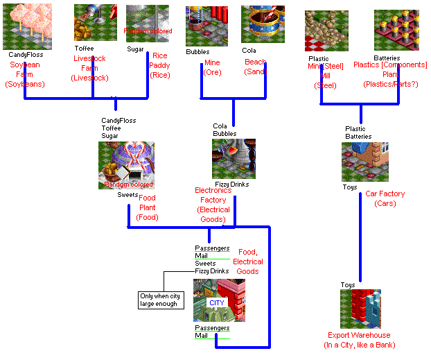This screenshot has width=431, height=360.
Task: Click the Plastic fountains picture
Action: click(326, 31)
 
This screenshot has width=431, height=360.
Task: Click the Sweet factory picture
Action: click(126, 166)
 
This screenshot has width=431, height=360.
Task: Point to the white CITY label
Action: click(218, 303)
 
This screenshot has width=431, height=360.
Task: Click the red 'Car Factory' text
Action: click(385, 194)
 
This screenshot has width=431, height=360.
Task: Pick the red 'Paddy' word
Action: click(160, 65)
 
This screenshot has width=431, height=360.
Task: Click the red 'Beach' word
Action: click(255, 62)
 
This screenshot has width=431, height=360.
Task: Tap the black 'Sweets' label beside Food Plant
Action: click(127, 195)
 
